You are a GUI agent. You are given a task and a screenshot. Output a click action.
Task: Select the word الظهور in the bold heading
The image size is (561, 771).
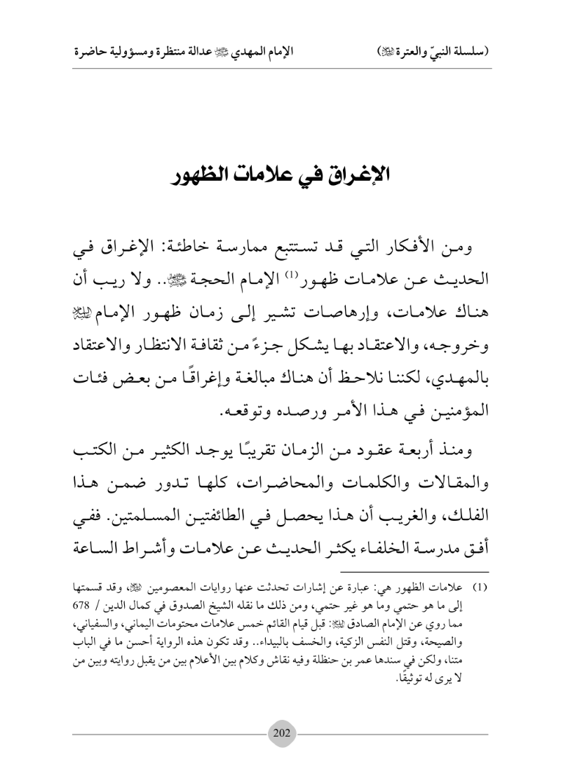click(x=208, y=175)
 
